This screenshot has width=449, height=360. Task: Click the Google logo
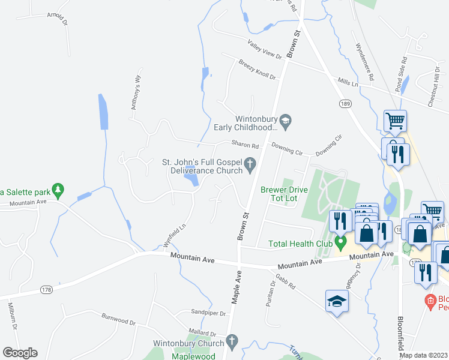[x=20, y=353]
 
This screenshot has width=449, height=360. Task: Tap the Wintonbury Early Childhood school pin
[x=286, y=121]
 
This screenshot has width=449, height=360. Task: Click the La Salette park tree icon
[x=58, y=191]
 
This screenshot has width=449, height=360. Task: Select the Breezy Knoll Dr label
[x=256, y=70]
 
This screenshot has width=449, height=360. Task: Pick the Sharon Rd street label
[x=245, y=145]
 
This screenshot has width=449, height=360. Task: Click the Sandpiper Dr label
[x=208, y=313]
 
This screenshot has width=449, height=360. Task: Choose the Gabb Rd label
[x=286, y=282]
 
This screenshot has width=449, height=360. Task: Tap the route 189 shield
[x=345, y=103]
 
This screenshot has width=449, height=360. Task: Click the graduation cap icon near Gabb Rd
[x=337, y=302]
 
